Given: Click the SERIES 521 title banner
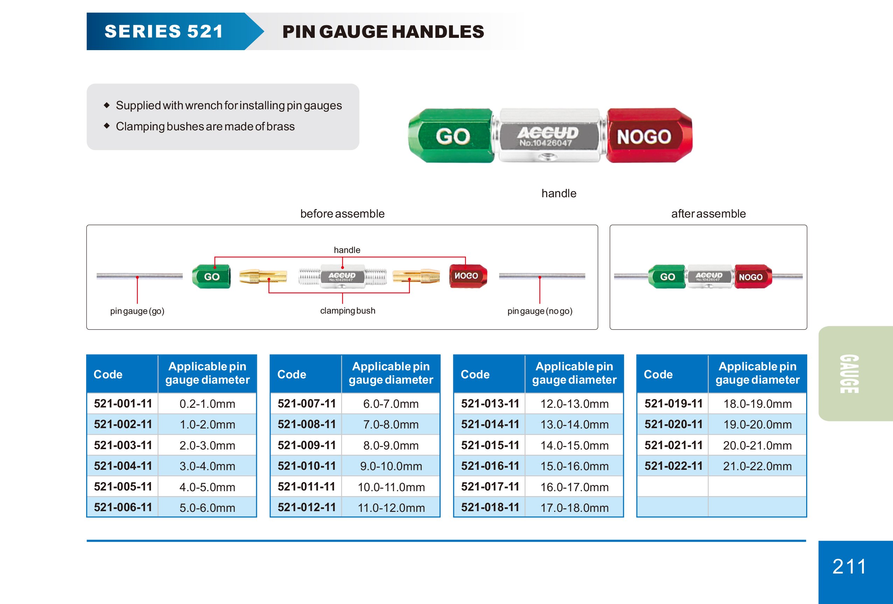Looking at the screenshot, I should point(164,32).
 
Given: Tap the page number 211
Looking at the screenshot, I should point(849,566).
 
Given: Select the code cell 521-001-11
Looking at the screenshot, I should point(123,404).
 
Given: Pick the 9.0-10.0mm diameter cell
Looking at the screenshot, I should point(391,466).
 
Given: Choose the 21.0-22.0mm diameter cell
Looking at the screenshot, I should point(757,466).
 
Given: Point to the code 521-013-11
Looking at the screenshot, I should point(490,404).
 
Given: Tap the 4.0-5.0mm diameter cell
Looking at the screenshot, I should point(207,487).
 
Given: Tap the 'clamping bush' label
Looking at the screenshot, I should point(347,311).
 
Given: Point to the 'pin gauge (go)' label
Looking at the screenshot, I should point(137,311).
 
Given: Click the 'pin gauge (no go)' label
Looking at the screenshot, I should point(540,311).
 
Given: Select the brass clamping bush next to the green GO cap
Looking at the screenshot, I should point(263,276).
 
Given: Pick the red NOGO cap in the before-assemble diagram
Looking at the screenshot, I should point(468,276).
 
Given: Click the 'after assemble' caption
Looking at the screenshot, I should point(708,214).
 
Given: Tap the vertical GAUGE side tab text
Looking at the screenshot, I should point(849,374).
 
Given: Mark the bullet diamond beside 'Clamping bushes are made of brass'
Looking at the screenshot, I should point(107,126).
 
